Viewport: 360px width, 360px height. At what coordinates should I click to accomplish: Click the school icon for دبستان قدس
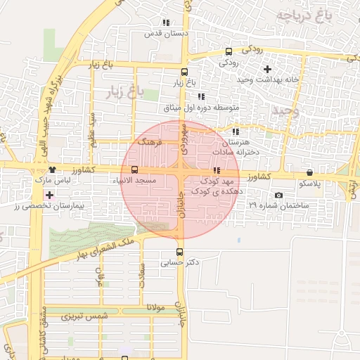tap(165, 23)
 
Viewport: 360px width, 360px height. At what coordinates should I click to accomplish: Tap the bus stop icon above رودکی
tap(229, 51)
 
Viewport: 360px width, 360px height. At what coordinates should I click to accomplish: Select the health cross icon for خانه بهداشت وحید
tap(266, 69)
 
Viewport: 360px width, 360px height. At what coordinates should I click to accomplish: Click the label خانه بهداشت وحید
tap(268, 79)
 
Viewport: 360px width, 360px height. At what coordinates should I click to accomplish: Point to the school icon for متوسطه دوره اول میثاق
tap(200, 96)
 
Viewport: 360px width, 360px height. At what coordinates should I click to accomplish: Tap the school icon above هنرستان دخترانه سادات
tap(236, 131)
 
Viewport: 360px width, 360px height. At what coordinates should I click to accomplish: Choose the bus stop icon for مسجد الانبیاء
tap(134, 169)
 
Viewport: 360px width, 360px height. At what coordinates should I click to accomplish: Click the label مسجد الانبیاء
tap(134, 181)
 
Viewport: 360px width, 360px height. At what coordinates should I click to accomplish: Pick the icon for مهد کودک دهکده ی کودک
tap(217, 170)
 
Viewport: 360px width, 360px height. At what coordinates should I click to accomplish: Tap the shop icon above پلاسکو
tap(309, 172)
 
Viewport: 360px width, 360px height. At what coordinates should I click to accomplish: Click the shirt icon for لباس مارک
tap(52, 169)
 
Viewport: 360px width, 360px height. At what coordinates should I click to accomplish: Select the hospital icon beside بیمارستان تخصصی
tap(49, 195)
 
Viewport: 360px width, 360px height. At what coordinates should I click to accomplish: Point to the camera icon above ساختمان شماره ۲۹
tap(278, 195)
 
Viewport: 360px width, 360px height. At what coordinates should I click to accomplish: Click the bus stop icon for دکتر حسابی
tap(179, 252)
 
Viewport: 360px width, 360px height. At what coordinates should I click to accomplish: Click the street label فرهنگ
tap(151, 142)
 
